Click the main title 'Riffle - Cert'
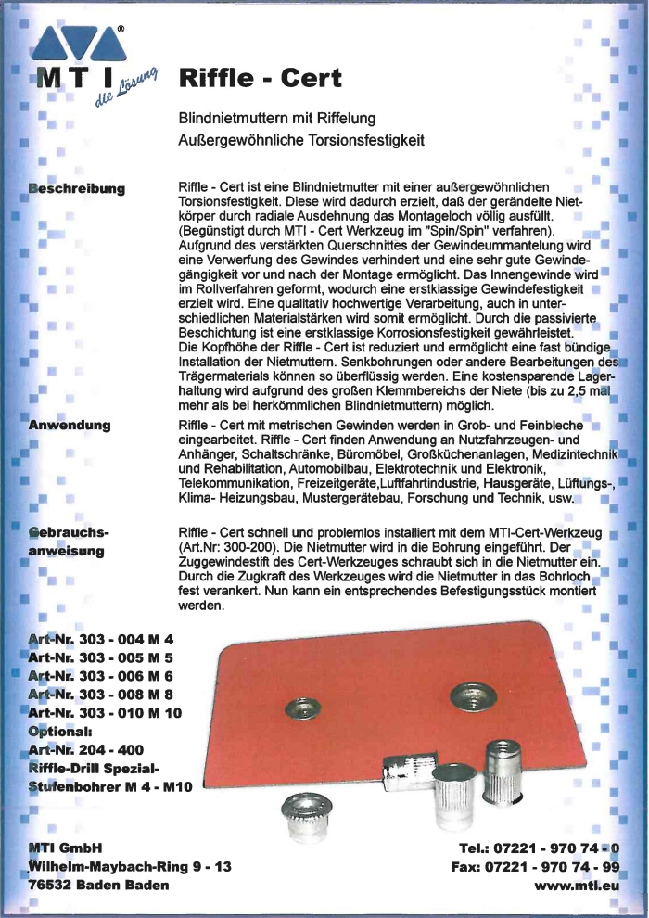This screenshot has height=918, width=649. tap(260, 78)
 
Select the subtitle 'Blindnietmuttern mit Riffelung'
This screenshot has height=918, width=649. tap(276, 119)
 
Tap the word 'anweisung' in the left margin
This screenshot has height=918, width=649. tap(70, 552)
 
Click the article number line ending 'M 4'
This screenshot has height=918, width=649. tap(101, 640)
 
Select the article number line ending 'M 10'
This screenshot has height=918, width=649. tap(107, 712)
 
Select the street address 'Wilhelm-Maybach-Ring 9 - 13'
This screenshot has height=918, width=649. tap(129, 867)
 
